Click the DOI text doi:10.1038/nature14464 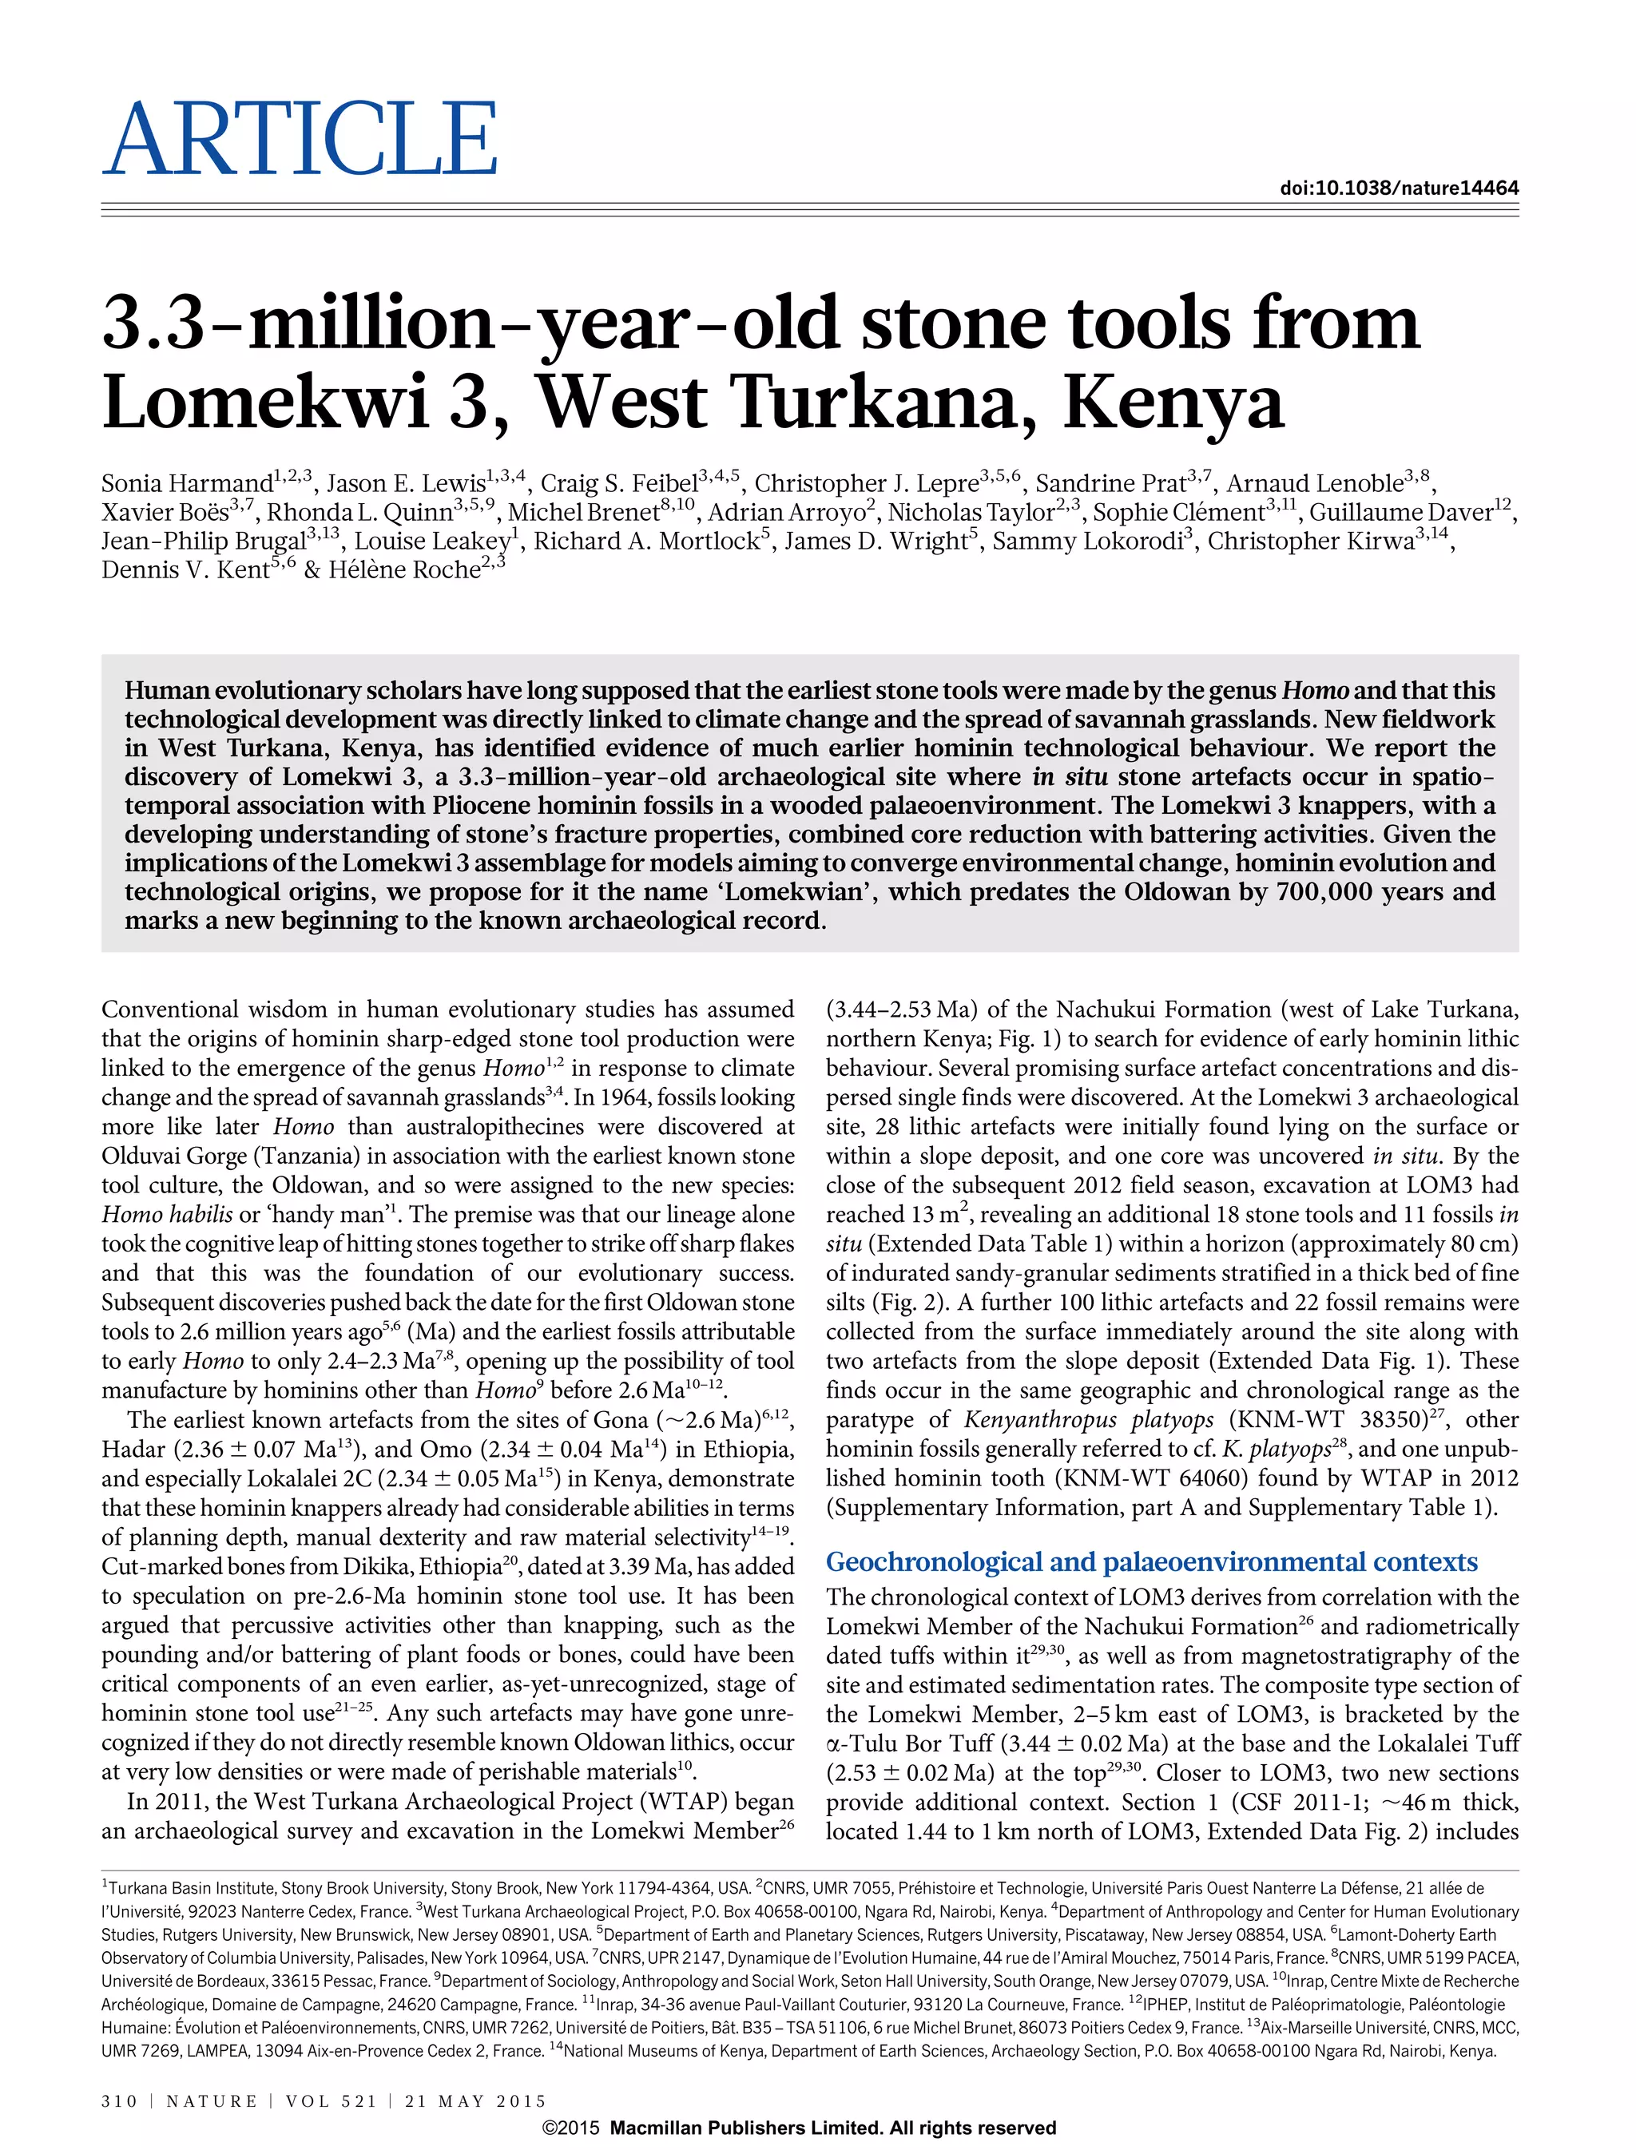[1399, 188]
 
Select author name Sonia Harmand [186, 484]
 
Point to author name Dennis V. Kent [185, 570]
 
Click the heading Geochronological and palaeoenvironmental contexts [1151, 1562]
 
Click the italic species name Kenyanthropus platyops [1089, 1420]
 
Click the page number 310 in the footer [120, 2101]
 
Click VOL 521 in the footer [331, 2101]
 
